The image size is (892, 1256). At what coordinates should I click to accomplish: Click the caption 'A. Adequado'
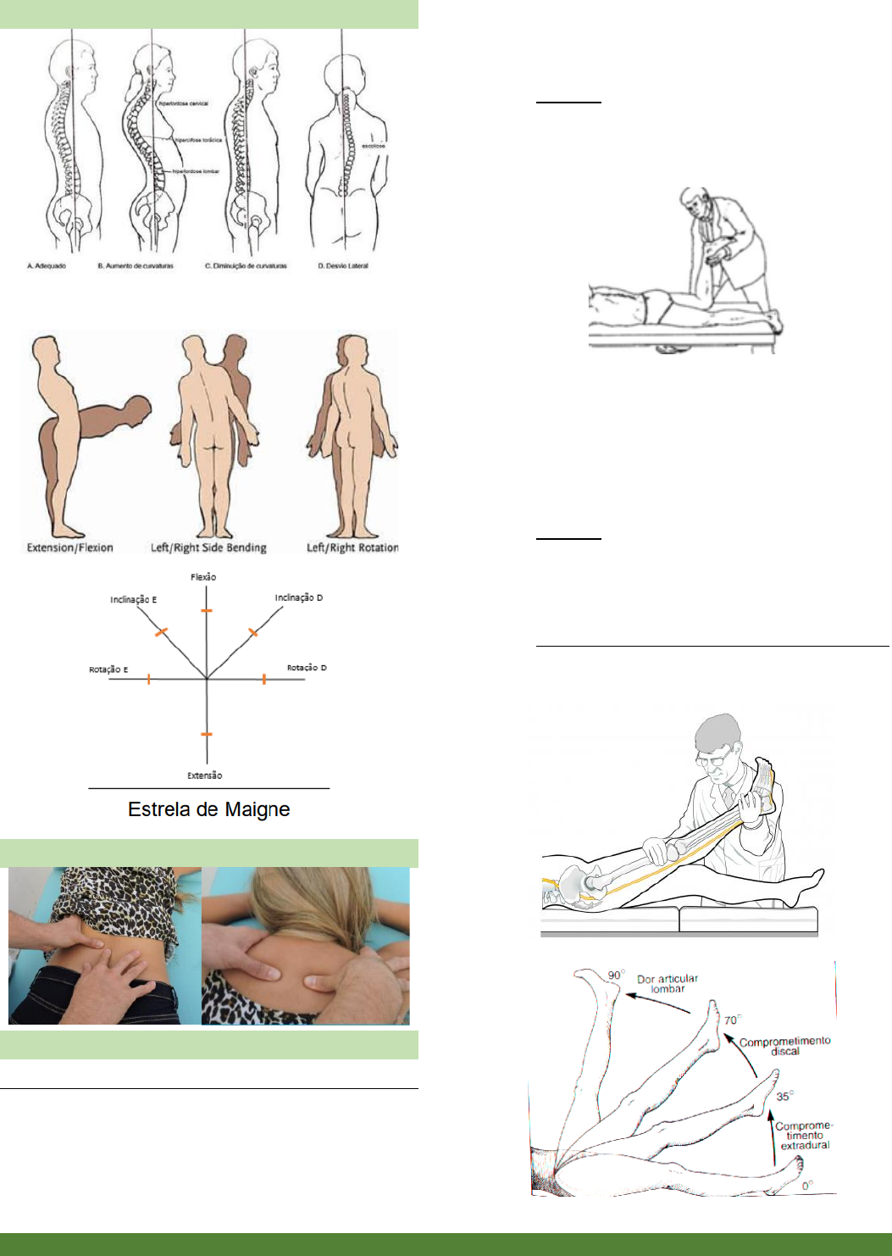pyautogui.click(x=47, y=266)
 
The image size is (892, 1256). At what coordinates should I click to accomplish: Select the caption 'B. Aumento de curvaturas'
pyautogui.click(x=136, y=266)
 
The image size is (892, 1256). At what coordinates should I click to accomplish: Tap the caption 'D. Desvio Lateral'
pyautogui.click(x=343, y=266)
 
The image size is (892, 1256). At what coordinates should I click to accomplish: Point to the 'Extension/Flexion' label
pyautogui.click(x=69, y=547)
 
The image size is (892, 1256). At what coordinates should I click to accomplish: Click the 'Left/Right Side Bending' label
pyautogui.click(x=208, y=547)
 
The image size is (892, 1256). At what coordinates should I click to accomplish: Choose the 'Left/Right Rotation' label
pyautogui.click(x=352, y=547)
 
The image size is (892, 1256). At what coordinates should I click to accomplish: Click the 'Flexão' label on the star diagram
pyautogui.click(x=203, y=577)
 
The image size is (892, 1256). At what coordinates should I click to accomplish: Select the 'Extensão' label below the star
pyautogui.click(x=205, y=775)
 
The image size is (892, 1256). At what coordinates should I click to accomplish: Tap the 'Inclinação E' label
pyautogui.click(x=133, y=600)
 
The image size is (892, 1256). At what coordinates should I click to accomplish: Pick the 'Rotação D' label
pyautogui.click(x=307, y=668)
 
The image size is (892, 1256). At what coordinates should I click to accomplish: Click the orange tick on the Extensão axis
pyautogui.click(x=207, y=734)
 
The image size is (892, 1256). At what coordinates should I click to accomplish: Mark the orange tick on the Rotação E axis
pyautogui.click(x=149, y=679)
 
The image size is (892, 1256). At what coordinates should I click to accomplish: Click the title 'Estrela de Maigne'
pyautogui.click(x=208, y=809)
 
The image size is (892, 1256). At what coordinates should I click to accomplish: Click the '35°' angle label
pyautogui.click(x=784, y=1096)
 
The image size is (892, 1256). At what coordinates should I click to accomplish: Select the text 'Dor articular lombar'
pyautogui.click(x=668, y=983)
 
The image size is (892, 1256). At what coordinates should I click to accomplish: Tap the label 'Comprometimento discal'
pyautogui.click(x=784, y=1046)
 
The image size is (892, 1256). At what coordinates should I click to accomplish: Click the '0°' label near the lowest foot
pyautogui.click(x=807, y=1186)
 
